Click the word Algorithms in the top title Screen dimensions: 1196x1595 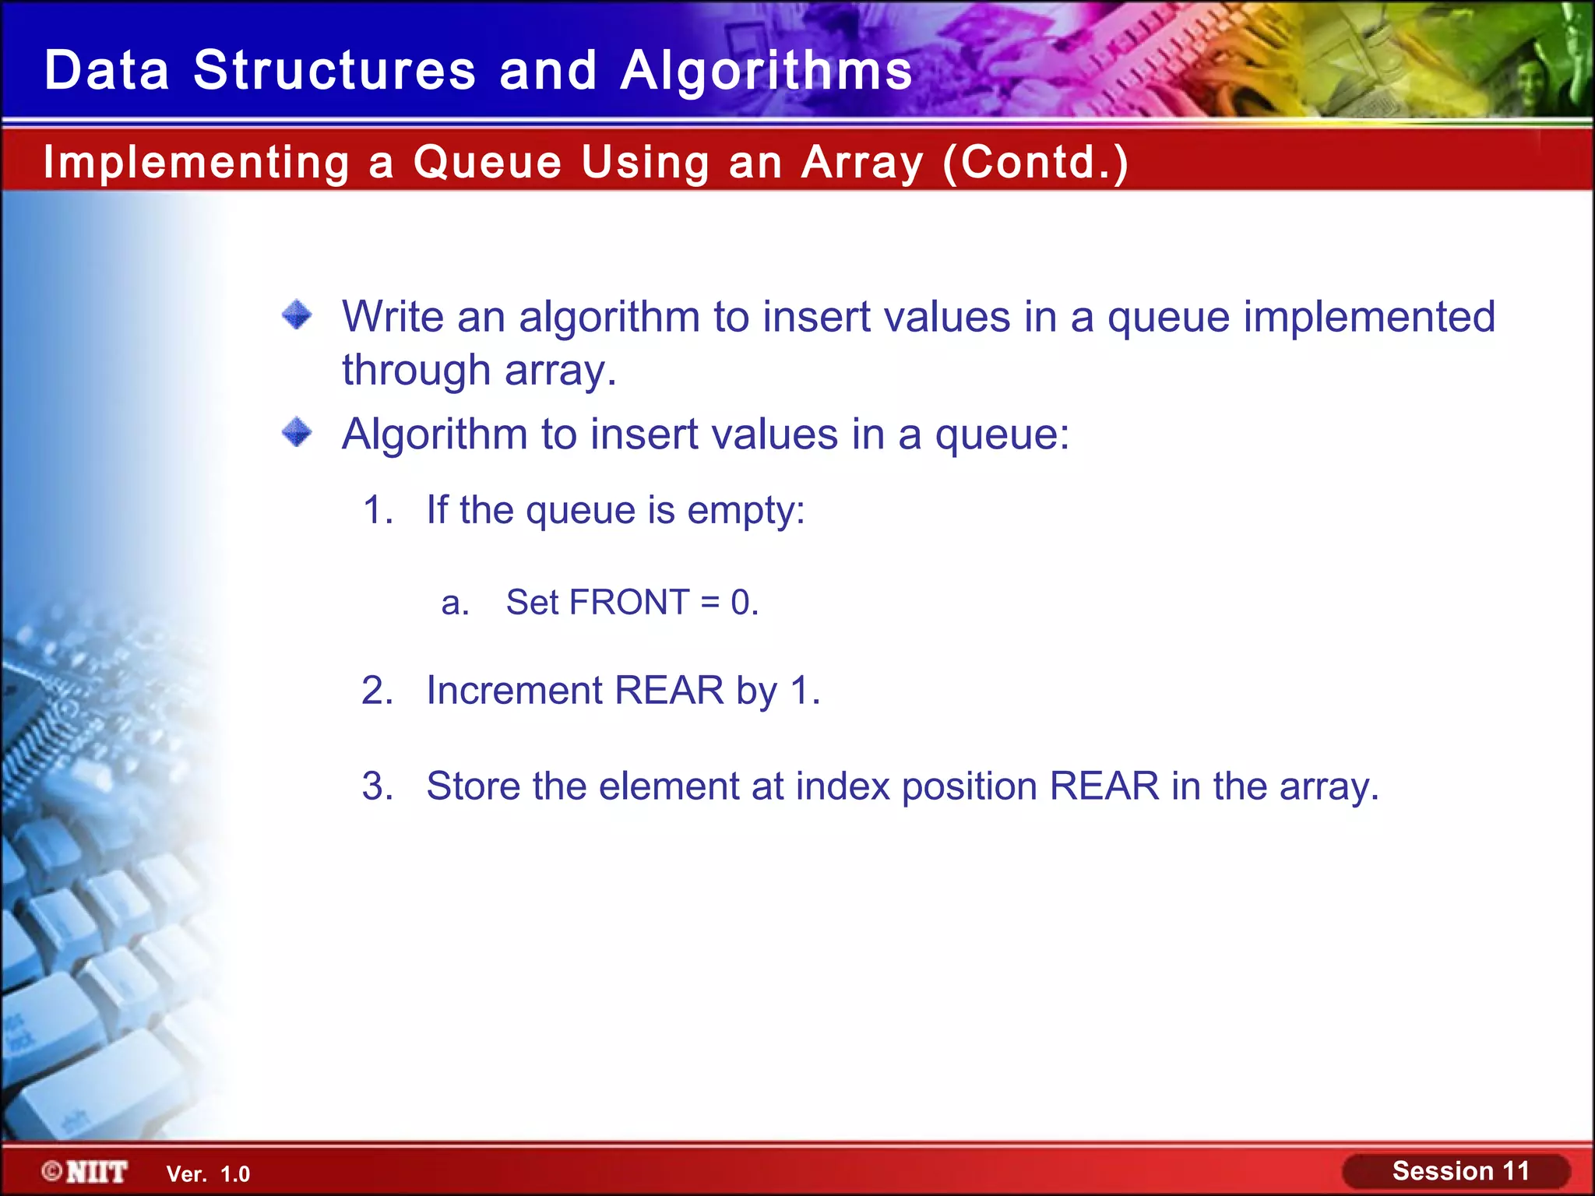tap(766, 71)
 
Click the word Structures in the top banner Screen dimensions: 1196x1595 tap(334, 71)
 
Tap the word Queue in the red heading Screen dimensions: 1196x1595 tap(487, 163)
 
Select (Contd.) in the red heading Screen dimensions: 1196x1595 tap(1035, 163)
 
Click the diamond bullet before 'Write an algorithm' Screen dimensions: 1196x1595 tap(297, 315)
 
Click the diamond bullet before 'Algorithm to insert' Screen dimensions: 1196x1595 tap(297, 432)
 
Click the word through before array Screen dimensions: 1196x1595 tap(416, 371)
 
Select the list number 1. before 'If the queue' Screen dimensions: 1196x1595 tap(378, 511)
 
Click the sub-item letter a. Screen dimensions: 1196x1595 tap(455, 603)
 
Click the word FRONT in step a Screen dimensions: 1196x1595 tap(629, 603)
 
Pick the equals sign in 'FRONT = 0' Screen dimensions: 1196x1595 tap(709, 603)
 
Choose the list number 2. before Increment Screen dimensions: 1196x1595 tap(378, 691)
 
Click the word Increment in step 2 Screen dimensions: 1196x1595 tap(514, 691)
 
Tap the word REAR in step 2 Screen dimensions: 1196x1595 tap(669, 691)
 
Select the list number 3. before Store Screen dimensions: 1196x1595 tap(378, 786)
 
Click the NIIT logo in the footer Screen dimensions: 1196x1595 tap(86, 1172)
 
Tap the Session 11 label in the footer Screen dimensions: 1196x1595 tap(1460, 1171)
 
